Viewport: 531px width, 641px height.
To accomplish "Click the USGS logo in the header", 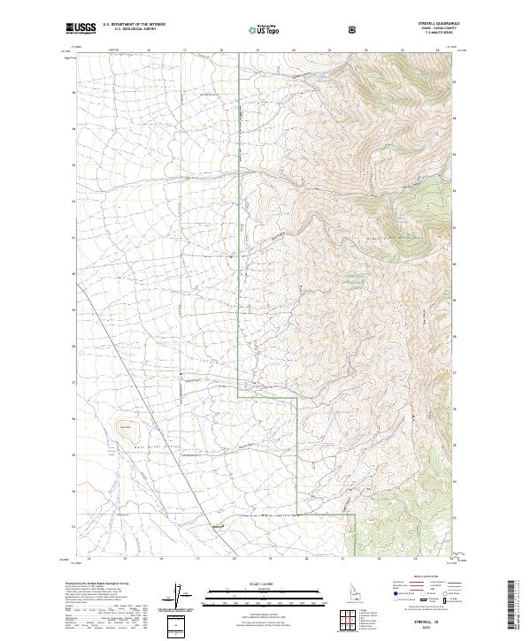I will pyautogui.click(x=81, y=28).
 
